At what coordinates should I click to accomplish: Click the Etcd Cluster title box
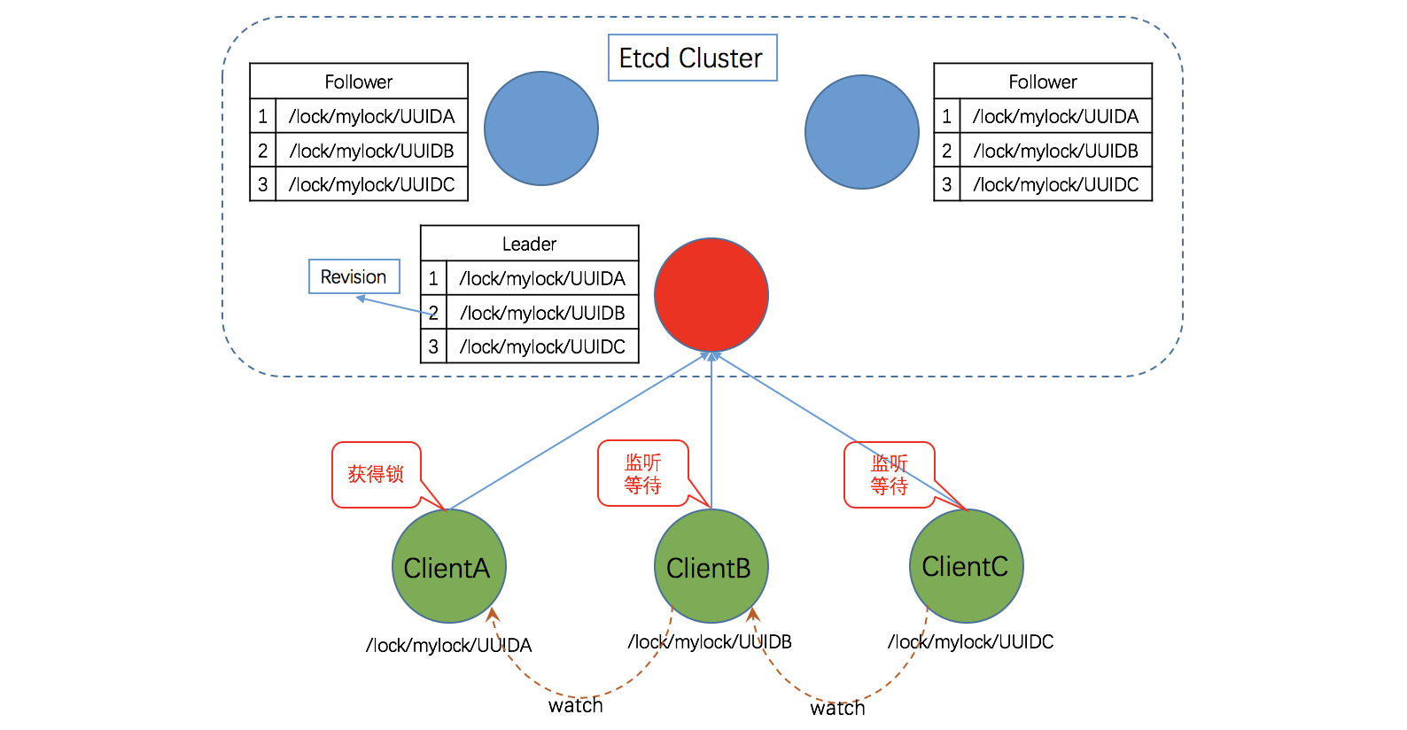click(692, 58)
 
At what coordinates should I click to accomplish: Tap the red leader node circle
click(711, 295)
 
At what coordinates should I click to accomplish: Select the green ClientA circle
click(448, 567)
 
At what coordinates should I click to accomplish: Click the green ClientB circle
click(711, 567)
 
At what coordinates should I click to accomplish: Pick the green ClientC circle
click(966, 566)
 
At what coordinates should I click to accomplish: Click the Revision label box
click(354, 276)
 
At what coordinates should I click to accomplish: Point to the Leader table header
click(529, 244)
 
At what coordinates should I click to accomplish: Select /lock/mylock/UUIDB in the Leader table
click(542, 313)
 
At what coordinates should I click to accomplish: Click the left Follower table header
click(358, 82)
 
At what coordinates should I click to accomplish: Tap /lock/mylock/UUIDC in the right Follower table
click(1055, 184)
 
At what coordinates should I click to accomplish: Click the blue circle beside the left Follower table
click(541, 128)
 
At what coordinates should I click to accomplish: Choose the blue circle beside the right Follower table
click(862, 131)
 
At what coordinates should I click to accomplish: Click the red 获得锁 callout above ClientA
click(376, 475)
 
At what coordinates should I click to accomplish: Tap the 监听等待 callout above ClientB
click(642, 474)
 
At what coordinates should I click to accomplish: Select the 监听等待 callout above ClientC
click(889, 475)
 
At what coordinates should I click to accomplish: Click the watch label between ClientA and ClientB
click(576, 706)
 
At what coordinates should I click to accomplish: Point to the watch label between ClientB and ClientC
click(837, 709)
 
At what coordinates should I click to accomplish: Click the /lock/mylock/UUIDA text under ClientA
click(448, 645)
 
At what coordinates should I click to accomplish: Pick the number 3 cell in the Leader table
click(433, 346)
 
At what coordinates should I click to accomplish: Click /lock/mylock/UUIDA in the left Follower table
click(371, 116)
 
